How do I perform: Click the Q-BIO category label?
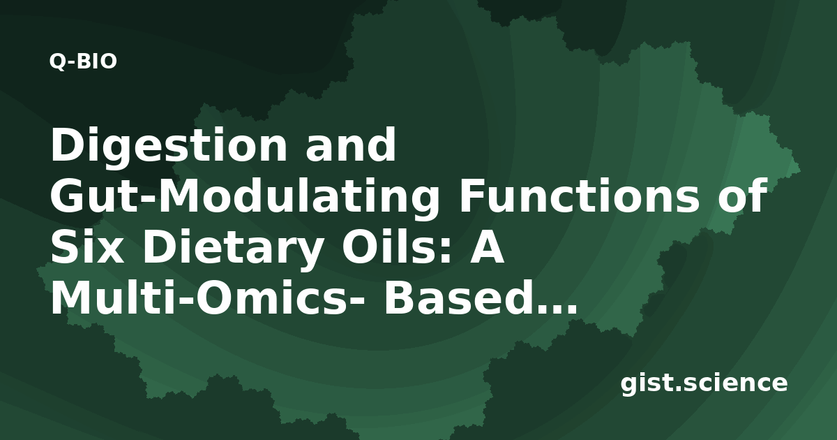pyautogui.click(x=83, y=61)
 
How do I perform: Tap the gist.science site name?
pyautogui.click(x=704, y=383)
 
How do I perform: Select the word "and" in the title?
pyautogui.click(x=350, y=145)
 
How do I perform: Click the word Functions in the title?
pyautogui.click(x=579, y=196)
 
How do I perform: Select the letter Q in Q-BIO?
pyautogui.click(x=57, y=62)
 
